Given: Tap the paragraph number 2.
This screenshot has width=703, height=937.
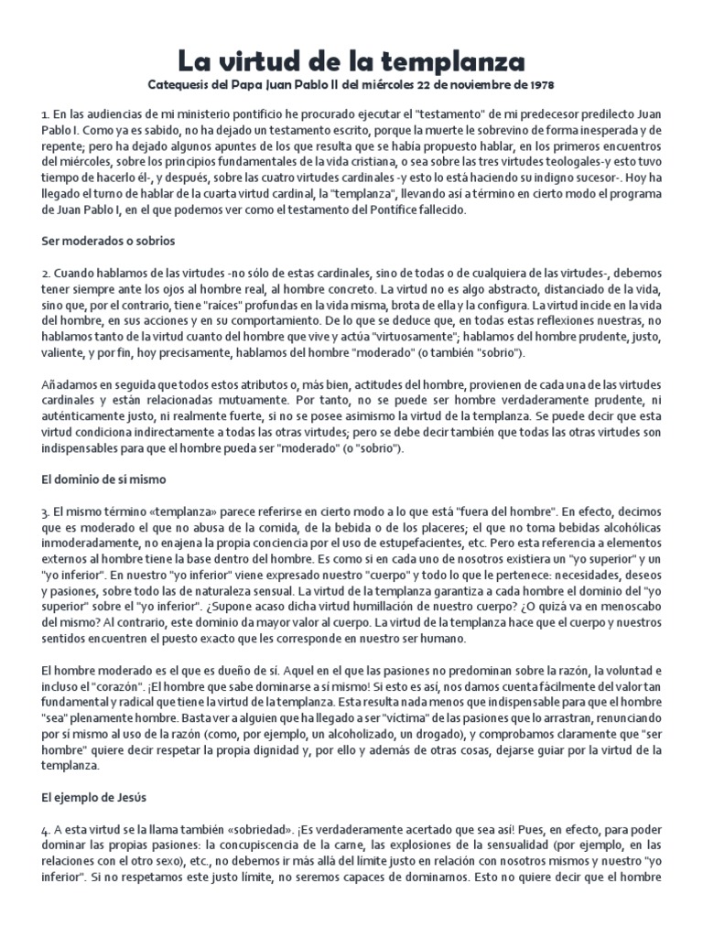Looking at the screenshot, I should tap(45, 273).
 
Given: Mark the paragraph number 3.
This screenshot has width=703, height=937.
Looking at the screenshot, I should tap(45, 511).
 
